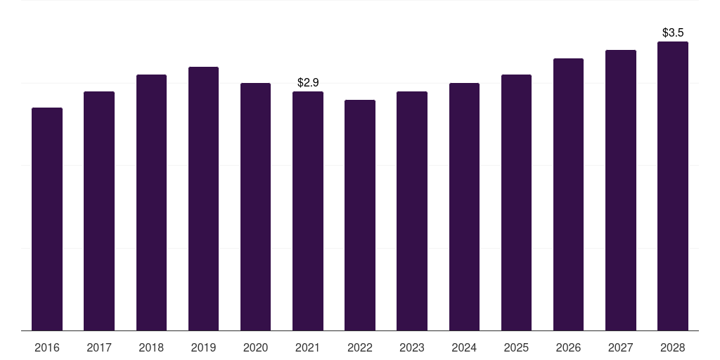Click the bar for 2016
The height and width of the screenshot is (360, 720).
(47, 219)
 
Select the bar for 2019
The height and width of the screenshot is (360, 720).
(203, 198)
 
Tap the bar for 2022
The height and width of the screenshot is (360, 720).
(360, 215)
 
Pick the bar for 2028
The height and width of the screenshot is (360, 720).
(673, 186)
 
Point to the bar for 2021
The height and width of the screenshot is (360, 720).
(308, 211)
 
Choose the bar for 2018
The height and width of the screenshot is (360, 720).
(151, 202)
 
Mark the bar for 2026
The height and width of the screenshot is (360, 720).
(568, 194)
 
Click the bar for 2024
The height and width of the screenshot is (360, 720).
(464, 207)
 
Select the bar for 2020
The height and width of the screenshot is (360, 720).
(255, 207)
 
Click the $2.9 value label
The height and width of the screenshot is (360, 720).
(308, 83)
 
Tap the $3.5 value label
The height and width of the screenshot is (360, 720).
(673, 33)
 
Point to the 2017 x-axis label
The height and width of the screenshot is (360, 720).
(99, 347)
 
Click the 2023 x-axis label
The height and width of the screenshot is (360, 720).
(412, 347)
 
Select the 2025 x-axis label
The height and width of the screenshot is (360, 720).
(516, 347)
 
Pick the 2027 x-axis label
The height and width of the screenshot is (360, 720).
(621, 347)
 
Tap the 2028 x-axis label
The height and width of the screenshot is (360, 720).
(673, 347)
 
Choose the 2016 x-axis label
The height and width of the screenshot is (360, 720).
(47, 347)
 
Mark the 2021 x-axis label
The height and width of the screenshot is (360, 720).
(308, 347)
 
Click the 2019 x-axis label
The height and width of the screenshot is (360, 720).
(203, 347)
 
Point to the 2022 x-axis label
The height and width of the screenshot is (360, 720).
(360, 347)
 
